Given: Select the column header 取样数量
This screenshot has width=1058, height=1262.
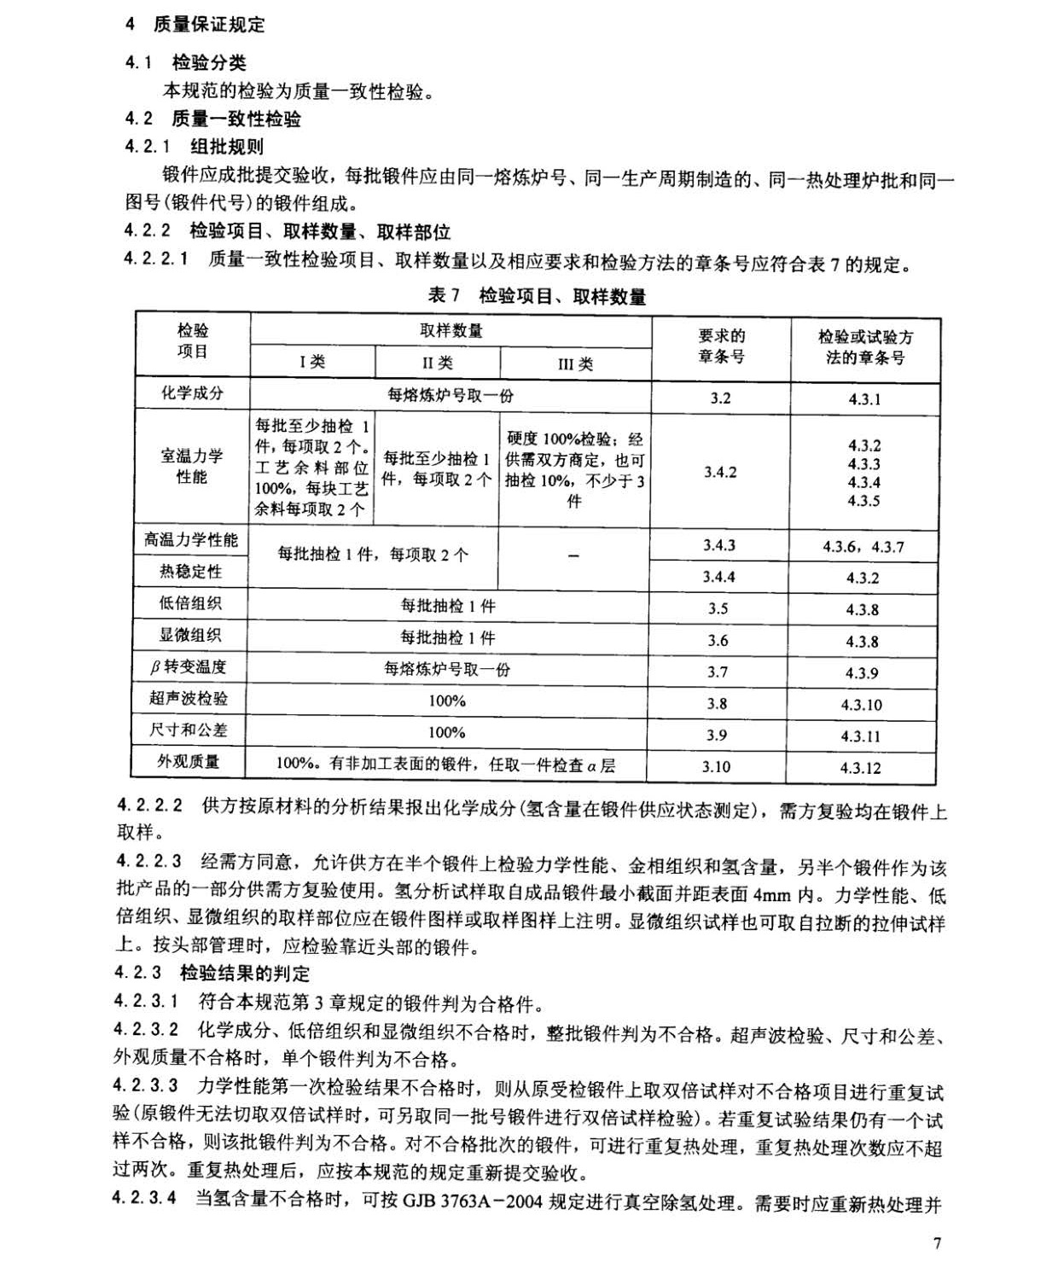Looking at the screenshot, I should pyautogui.click(x=451, y=331).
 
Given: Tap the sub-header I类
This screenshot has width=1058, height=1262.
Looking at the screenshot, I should pyautogui.click(x=312, y=362).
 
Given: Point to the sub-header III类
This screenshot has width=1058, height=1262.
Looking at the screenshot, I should pyautogui.click(x=575, y=363).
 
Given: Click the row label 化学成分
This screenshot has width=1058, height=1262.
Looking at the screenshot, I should pyautogui.click(x=192, y=393).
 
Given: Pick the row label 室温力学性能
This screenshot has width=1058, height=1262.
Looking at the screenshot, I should pyautogui.click(x=192, y=466).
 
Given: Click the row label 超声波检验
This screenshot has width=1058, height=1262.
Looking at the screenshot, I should pyautogui.click(x=189, y=698).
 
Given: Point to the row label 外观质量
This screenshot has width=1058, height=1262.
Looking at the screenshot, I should pyautogui.click(x=189, y=761).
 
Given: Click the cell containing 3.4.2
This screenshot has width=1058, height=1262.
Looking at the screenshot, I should pyautogui.click(x=720, y=472).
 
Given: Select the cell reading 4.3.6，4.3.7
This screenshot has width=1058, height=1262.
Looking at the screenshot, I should pyautogui.click(x=863, y=546).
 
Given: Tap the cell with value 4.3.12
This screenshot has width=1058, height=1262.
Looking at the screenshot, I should pyautogui.click(x=862, y=767).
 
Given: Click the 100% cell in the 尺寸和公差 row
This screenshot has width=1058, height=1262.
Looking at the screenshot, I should pyautogui.click(x=446, y=732).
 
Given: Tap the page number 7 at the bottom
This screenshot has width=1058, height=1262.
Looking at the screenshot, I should pyautogui.click(x=937, y=1242).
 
